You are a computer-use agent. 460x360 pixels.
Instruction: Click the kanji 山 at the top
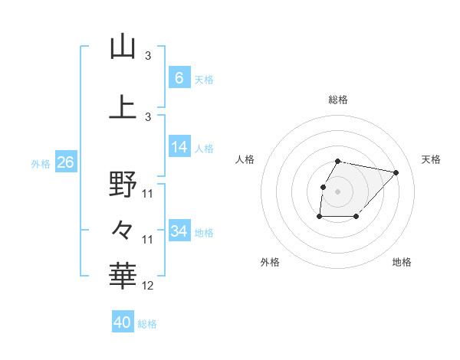(x=123, y=47)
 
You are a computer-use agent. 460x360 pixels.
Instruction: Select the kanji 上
(x=123, y=107)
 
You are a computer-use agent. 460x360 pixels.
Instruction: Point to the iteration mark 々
(x=123, y=228)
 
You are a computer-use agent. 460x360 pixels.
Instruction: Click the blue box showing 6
(x=179, y=77)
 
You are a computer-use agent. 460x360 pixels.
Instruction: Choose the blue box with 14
(x=179, y=147)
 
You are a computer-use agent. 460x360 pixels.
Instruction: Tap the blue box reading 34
(x=179, y=231)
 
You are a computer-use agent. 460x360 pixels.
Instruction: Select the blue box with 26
(x=66, y=162)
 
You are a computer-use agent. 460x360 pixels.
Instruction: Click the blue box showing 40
(x=123, y=322)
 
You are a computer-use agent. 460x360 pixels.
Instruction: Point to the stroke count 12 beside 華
(x=148, y=286)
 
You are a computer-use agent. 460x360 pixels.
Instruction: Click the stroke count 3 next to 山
(x=148, y=56)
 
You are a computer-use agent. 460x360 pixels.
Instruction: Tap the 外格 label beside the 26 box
(x=41, y=163)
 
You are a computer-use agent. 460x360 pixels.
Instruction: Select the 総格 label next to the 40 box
(x=147, y=324)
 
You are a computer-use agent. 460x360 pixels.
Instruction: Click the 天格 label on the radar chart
(x=432, y=159)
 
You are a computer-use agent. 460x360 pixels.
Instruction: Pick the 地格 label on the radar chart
(x=402, y=262)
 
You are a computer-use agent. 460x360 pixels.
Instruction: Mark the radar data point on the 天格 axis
(x=396, y=172)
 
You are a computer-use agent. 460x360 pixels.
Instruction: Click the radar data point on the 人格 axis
(x=323, y=187)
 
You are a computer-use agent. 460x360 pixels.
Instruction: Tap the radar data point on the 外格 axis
(x=319, y=218)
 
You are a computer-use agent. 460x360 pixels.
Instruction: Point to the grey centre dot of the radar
(x=338, y=191)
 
